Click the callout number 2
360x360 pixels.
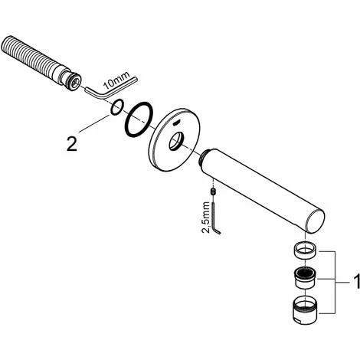pyautogui.click(x=72, y=143)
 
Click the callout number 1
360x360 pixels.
pyautogui.click(x=356, y=282)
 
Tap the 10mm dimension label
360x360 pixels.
pyautogui.click(x=116, y=80)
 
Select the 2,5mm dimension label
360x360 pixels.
pyautogui.click(x=206, y=218)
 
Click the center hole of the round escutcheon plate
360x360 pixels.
pyautogui.click(x=176, y=141)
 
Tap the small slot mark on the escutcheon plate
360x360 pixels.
pyautogui.click(x=175, y=123)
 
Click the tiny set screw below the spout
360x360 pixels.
pyautogui.click(x=212, y=191)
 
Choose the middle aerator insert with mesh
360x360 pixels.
pyautogui.click(x=305, y=278)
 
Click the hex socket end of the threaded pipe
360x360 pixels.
pyautogui.click(x=75, y=83)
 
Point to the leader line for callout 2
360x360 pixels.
pyautogui.click(x=94, y=123)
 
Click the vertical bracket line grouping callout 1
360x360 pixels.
pyautogui.click(x=335, y=282)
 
